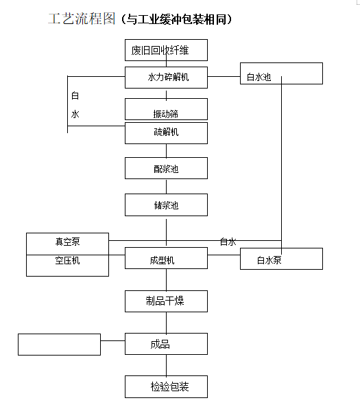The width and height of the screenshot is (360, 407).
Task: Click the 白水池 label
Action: coord(259,77)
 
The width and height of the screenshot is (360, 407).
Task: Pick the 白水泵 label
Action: coord(269,260)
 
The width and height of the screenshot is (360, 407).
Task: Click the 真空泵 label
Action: coord(68,242)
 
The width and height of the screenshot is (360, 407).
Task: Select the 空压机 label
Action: coord(67,260)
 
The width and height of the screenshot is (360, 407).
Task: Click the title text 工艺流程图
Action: coord(82,19)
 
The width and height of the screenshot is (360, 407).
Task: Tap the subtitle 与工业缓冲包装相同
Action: coord(176,19)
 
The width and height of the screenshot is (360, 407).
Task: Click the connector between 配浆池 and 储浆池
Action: coord(166,187)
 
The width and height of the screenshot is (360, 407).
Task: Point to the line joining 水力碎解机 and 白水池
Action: coord(224,77)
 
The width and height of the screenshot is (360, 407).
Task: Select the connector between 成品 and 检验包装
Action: coord(166,365)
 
